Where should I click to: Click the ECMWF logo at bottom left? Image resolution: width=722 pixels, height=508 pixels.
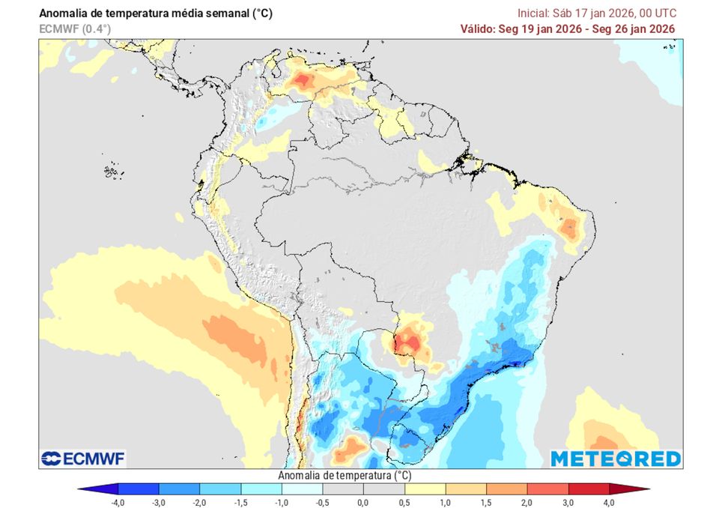(83, 458)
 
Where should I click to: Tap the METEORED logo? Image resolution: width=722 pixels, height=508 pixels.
(615, 459)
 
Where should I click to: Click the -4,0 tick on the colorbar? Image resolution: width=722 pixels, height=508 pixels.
(117, 502)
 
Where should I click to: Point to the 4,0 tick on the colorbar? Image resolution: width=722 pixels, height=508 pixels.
(608, 502)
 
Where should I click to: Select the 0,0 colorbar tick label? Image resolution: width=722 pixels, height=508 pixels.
(362, 502)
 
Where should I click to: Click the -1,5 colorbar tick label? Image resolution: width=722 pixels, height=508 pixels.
(240, 502)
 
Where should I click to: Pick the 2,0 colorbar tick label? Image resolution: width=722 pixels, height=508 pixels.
(527, 502)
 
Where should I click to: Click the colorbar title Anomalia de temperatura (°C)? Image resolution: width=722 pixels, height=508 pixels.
(345, 476)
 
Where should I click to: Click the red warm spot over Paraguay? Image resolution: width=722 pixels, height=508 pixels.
(408, 342)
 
